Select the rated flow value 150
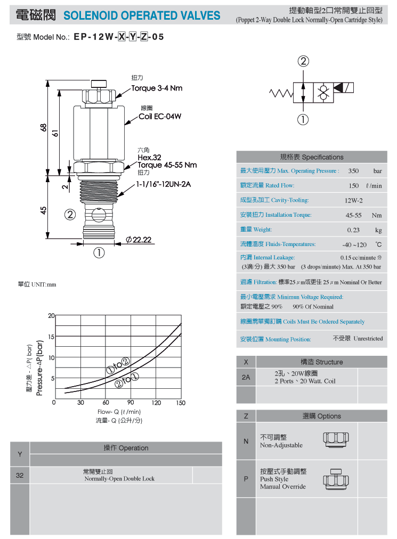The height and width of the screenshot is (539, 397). [354, 186]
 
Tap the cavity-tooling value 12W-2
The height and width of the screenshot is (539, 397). [354, 200]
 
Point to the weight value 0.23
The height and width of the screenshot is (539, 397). [353, 230]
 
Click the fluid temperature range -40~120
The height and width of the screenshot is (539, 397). [354, 245]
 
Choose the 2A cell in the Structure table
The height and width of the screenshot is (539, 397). [246, 377]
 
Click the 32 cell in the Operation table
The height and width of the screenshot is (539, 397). [20, 476]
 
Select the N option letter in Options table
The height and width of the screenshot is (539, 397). [246, 441]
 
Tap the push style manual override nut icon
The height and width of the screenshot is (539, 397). [336, 479]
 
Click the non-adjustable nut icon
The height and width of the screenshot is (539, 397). [336, 439]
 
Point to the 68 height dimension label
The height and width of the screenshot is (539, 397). [43, 127]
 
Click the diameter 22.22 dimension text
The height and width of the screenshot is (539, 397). [139, 240]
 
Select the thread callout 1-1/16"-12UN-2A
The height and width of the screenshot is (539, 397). [164, 184]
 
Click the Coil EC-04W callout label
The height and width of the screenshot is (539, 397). [160, 117]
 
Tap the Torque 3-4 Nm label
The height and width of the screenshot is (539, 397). [157, 88]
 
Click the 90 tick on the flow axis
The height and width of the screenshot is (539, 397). [131, 402]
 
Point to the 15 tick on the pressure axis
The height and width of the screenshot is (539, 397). [51, 337]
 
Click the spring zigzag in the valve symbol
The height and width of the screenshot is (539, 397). [281, 93]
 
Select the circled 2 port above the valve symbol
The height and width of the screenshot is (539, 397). [303, 61]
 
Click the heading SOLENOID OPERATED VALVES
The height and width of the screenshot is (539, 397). [142, 15]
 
